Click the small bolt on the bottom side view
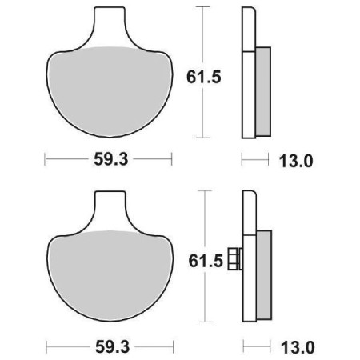click(234, 259)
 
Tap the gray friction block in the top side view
click(263, 88)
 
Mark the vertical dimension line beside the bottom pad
click(206, 216)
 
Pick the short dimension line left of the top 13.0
click(254, 160)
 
